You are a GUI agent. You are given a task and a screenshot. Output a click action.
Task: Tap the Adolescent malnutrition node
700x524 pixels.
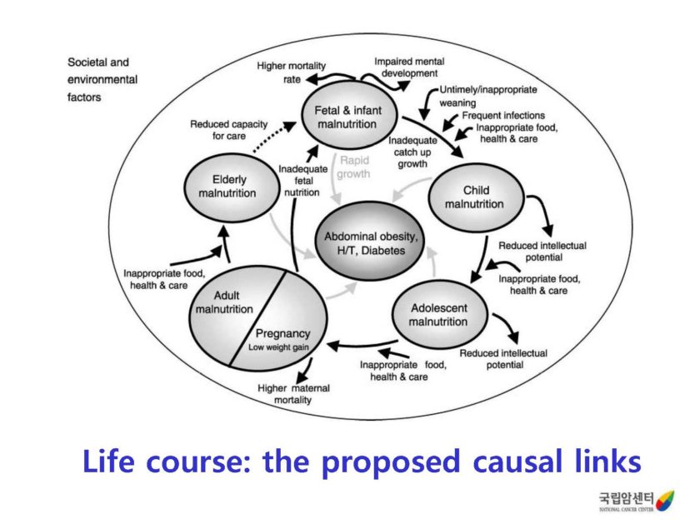(440, 315)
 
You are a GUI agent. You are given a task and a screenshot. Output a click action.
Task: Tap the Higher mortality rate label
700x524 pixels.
(291, 72)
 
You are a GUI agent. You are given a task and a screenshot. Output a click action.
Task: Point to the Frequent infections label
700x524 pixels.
(503, 116)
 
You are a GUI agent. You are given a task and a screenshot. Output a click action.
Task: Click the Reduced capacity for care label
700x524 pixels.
(220, 129)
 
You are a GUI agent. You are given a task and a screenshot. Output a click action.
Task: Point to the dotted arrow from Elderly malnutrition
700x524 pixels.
(270, 136)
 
